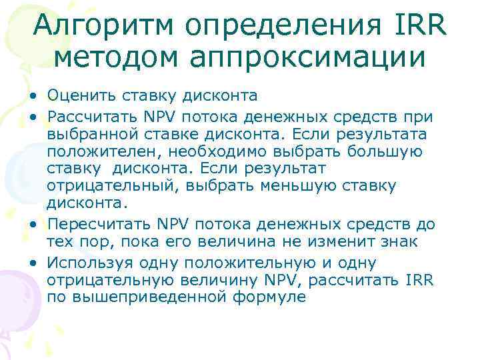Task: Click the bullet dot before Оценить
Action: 33,99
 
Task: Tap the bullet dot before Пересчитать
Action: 33,224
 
